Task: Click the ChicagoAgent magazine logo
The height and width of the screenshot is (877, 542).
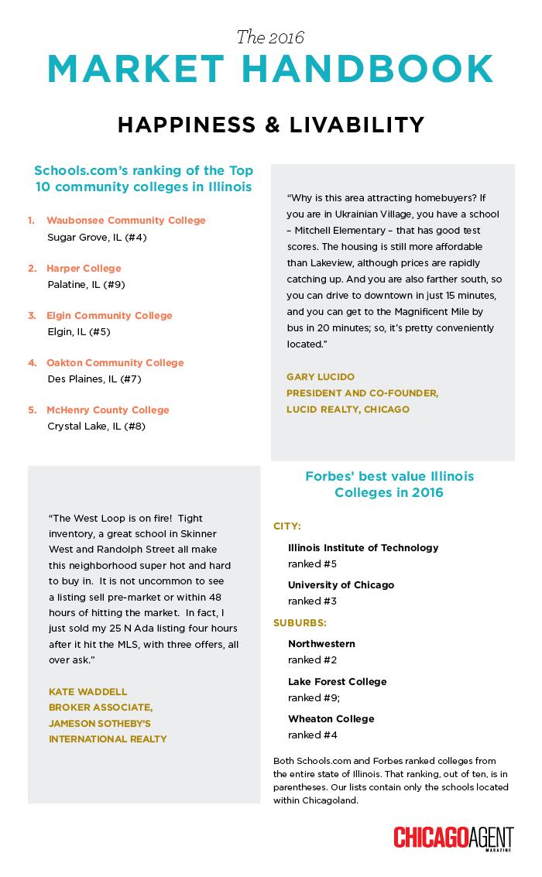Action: tap(453, 839)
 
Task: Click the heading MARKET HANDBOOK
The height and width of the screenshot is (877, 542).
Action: tap(270, 70)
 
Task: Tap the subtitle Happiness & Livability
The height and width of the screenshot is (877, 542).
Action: tap(270, 125)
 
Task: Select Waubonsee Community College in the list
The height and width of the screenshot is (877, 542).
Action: tap(126, 221)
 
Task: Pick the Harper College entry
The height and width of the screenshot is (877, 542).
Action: tap(84, 269)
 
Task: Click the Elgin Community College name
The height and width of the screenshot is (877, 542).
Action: tap(109, 316)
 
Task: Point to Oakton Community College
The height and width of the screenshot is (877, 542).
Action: tap(115, 363)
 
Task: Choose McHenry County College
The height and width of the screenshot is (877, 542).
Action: tap(108, 410)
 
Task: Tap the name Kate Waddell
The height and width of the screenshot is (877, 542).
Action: tap(87, 691)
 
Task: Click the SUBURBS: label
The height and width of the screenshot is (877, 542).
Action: tap(299, 622)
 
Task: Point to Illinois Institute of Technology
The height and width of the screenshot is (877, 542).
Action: tap(363, 548)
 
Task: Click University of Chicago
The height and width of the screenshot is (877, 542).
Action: tap(341, 585)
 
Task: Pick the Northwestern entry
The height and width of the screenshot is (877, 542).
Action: tap(321, 644)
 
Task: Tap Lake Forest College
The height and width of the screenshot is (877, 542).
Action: tap(337, 682)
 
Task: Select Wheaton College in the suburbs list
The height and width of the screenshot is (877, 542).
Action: tap(331, 719)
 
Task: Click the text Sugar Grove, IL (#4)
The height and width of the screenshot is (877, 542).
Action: tap(97, 238)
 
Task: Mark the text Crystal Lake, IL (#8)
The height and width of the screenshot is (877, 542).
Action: tap(97, 427)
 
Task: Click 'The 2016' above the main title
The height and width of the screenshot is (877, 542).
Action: tap(270, 37)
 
